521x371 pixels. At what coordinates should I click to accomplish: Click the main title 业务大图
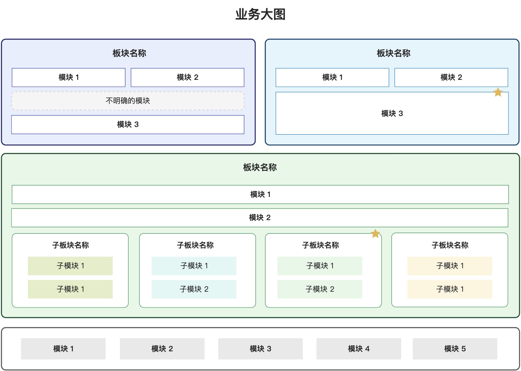coord(260,14)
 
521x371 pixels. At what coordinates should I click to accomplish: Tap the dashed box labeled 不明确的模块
coord(128,101)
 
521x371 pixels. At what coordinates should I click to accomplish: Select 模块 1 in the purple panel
coord(69,77)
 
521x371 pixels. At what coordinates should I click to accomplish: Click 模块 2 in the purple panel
coord(187,77)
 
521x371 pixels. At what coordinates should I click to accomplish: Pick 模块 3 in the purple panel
coord(128,125)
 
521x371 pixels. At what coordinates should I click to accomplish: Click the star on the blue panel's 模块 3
coord(498,92)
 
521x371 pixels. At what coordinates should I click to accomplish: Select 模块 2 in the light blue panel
coord(451,77)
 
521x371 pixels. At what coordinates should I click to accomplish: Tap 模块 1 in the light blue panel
coord(332,77)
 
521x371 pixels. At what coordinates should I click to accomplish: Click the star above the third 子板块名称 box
coord(375,233)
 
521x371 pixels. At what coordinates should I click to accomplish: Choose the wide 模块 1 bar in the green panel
coord(260,194)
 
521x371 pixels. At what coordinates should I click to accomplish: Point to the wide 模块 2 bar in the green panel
coord(260,218)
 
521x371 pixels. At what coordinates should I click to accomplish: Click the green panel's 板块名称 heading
coord(260,167)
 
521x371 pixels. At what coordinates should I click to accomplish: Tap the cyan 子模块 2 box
coord(194,289)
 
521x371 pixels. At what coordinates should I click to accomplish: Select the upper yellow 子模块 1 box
coord(450,266)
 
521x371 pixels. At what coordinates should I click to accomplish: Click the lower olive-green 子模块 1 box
coord(70,289)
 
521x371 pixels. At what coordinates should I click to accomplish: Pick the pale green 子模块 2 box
coord(320,289)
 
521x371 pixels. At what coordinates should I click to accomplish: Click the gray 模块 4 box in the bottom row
coord(359,349)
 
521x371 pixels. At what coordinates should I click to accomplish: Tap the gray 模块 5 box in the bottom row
coord(455,349)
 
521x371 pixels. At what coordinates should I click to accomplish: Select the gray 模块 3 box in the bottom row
coord(260,349)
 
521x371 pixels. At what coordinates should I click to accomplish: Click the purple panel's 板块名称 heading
coord(129,53)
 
